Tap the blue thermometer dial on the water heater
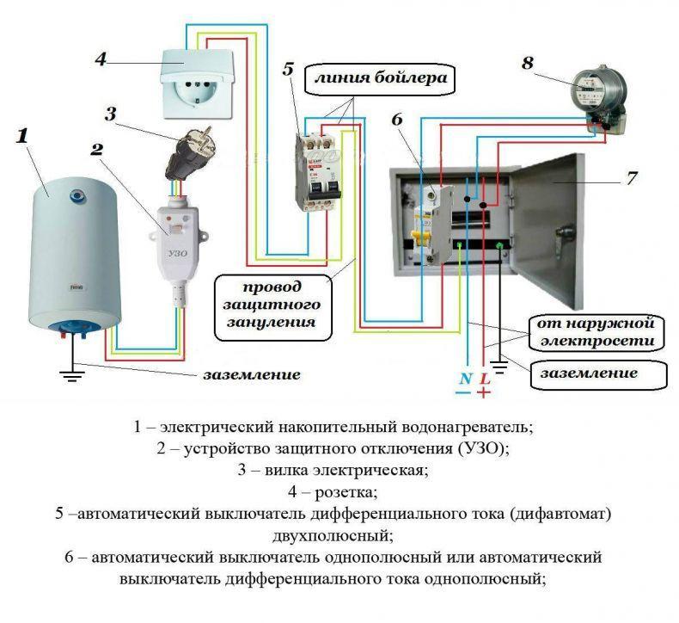click(77, 196)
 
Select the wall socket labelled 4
click(198, 84)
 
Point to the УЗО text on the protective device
click(178, 253)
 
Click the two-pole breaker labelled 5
click(318, 173)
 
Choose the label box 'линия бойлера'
click(380, 79)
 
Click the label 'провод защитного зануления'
click(272, 305)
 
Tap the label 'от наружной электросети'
click(596, 332)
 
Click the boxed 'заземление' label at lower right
click(598, 373)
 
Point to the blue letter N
click(465, 379)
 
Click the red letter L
click(485, 379)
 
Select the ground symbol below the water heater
click(72, 373)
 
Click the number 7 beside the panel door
click(632, 179)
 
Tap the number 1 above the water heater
click(22, 136)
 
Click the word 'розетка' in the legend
click(346, 492)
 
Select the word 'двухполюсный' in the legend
click(333, 535)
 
